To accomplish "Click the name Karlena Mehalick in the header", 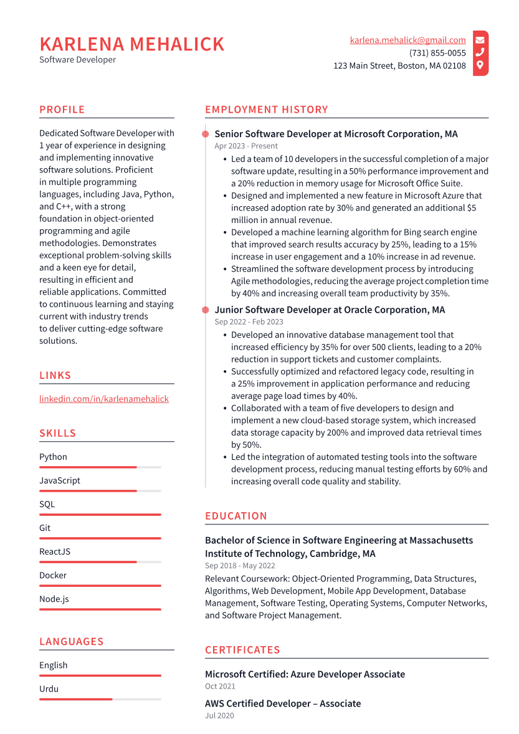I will pyautogui.click(x=131, y=44).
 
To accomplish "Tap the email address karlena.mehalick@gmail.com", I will pyautogui.click(x=407, y=41).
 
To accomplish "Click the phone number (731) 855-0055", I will pyautogui.click(x=437, y=53).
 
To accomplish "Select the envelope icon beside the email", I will pyautogui.click(x=480, y=41).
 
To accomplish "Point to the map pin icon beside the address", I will pyautogui.click(x=480, y=65).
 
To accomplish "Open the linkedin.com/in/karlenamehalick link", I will pyautogui.click(x=103, y=399).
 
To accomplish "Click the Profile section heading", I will pyautogui.click(x=62, y=110).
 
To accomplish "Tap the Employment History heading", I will pyautogui.click(x=266, y=110).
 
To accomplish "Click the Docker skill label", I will pyautogui.click(x=53, y=575).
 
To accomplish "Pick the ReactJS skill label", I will pyautogui.click(x=55, y=551).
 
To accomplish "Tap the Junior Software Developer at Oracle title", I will pyautogui.click(x=330, y=310).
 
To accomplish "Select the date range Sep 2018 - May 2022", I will pyautogui.click(x=240, y=566).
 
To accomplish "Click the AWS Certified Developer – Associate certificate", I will pyautogui.click(x=283, y=703).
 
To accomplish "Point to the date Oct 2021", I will pyautogui.click(x=220, y=686).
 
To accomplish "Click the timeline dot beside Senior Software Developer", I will pyautogui.click(x=205, y=134).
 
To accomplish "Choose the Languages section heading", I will pyautogui.click(x=71, y=642).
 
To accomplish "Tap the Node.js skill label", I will pyautogui.click(x=54, y=599).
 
